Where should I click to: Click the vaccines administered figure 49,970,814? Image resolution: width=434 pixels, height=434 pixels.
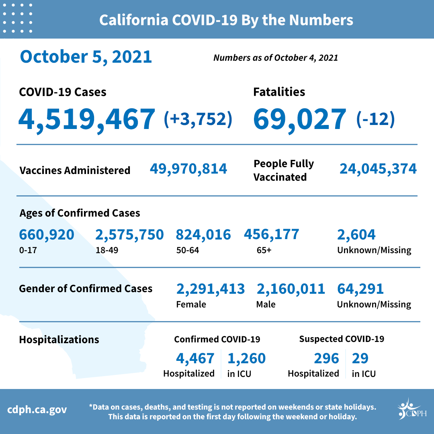[x=188, y=169]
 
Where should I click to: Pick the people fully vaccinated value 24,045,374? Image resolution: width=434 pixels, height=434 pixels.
[x=378, y=169]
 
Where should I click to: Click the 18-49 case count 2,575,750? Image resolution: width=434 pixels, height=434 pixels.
[x=129, y=235]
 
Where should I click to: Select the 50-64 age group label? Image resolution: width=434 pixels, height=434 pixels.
[x=188, y=250]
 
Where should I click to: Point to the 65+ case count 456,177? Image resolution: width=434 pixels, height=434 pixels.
[x=271, y=234]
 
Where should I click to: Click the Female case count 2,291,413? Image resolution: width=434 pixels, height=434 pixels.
[x=210, y=289]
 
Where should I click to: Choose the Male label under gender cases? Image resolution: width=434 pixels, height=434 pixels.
[x=266, y=304]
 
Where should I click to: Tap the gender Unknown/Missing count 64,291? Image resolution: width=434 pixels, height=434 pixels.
[x=360, y=289]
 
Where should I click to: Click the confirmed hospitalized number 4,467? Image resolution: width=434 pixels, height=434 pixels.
[x=195, y=358]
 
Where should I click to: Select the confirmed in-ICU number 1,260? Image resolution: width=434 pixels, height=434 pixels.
[x=246, y=358]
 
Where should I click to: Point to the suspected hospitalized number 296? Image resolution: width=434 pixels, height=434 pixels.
[x=326, y=358]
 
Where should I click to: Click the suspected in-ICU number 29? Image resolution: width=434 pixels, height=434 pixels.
[x=360, y=358]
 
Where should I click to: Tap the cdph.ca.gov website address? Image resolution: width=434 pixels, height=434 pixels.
[x=37, y=410]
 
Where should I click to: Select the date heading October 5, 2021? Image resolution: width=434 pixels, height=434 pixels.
[x=86, y=57]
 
